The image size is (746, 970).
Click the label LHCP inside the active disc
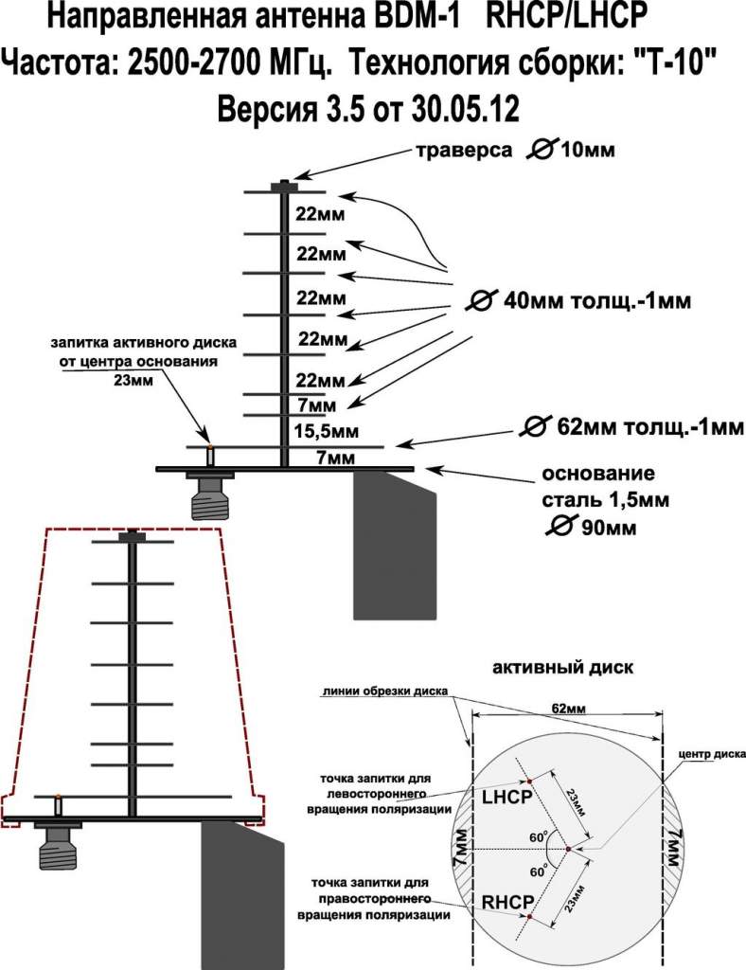click(x=508, y=798)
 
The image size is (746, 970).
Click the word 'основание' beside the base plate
click(x=597, y=473)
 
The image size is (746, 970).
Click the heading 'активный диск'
click(x=563, y=667)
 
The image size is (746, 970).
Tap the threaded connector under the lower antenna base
click(x=58, y=846)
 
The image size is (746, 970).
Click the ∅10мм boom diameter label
click(x=585, y=151)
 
